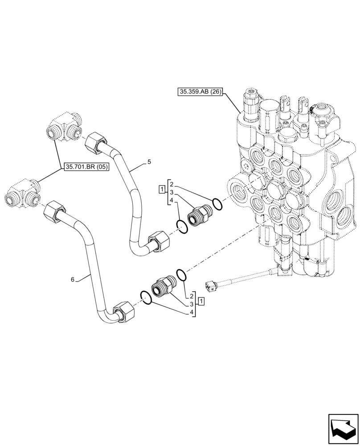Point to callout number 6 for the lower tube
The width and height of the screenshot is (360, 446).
72,280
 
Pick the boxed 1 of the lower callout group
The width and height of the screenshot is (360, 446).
202,302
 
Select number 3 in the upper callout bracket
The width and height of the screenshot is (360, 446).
171,192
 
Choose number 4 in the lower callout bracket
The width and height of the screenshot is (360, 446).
192,312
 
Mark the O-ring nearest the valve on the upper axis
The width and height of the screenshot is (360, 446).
217,204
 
